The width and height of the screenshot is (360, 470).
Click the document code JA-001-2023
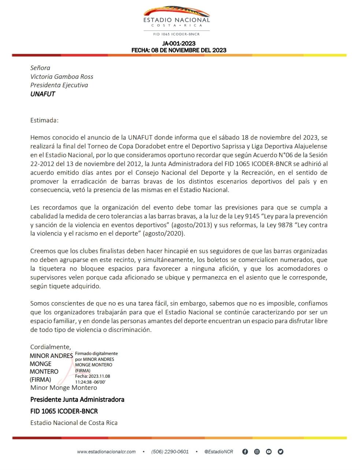tap(179, 44)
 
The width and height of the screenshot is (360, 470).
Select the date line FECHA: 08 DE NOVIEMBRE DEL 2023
tap(179, 50)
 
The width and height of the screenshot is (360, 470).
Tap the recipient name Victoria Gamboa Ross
tap(62, 77)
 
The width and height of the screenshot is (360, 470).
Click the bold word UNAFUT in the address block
tap(42, 94)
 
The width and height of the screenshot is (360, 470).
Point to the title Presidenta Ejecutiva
tap(59, 85)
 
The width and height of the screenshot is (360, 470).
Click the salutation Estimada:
tap(44, 120)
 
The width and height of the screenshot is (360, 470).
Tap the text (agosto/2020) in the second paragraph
tap(164, 233)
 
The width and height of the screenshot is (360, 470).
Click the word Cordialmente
tap(51, 347)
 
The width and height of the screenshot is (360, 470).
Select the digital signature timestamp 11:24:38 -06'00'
tap(90, 382)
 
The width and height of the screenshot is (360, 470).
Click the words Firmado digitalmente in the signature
tap(96, 354)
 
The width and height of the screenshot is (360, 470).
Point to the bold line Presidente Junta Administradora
tap(77, 399)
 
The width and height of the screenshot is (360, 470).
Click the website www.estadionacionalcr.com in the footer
tap(106, 452)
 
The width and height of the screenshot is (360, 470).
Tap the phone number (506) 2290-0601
tap(170, 452)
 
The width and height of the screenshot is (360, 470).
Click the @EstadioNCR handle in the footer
tap(218, 452)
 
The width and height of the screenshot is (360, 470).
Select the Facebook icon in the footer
tap(245, 452)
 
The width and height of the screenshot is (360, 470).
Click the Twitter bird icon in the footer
tap(281, 452)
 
